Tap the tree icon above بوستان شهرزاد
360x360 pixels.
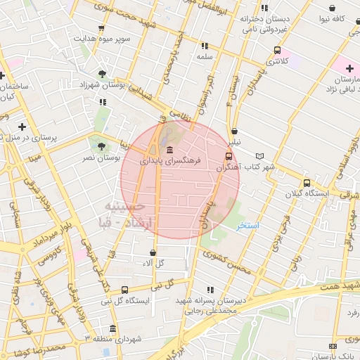click(x=103, y=73)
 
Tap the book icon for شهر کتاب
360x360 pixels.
click(x=261, y=156)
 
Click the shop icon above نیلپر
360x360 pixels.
click(x=234, y=130)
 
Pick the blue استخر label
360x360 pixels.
click(x=247, y=225)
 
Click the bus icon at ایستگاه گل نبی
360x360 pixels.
click(x=124, y=290)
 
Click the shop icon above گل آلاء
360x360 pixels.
click(x=153, y=252)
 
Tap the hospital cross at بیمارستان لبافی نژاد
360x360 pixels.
click(x=349, y=68)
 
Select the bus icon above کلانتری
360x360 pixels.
click(x=277, y=50)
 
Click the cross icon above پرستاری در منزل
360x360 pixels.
click(x=22, y=127)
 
